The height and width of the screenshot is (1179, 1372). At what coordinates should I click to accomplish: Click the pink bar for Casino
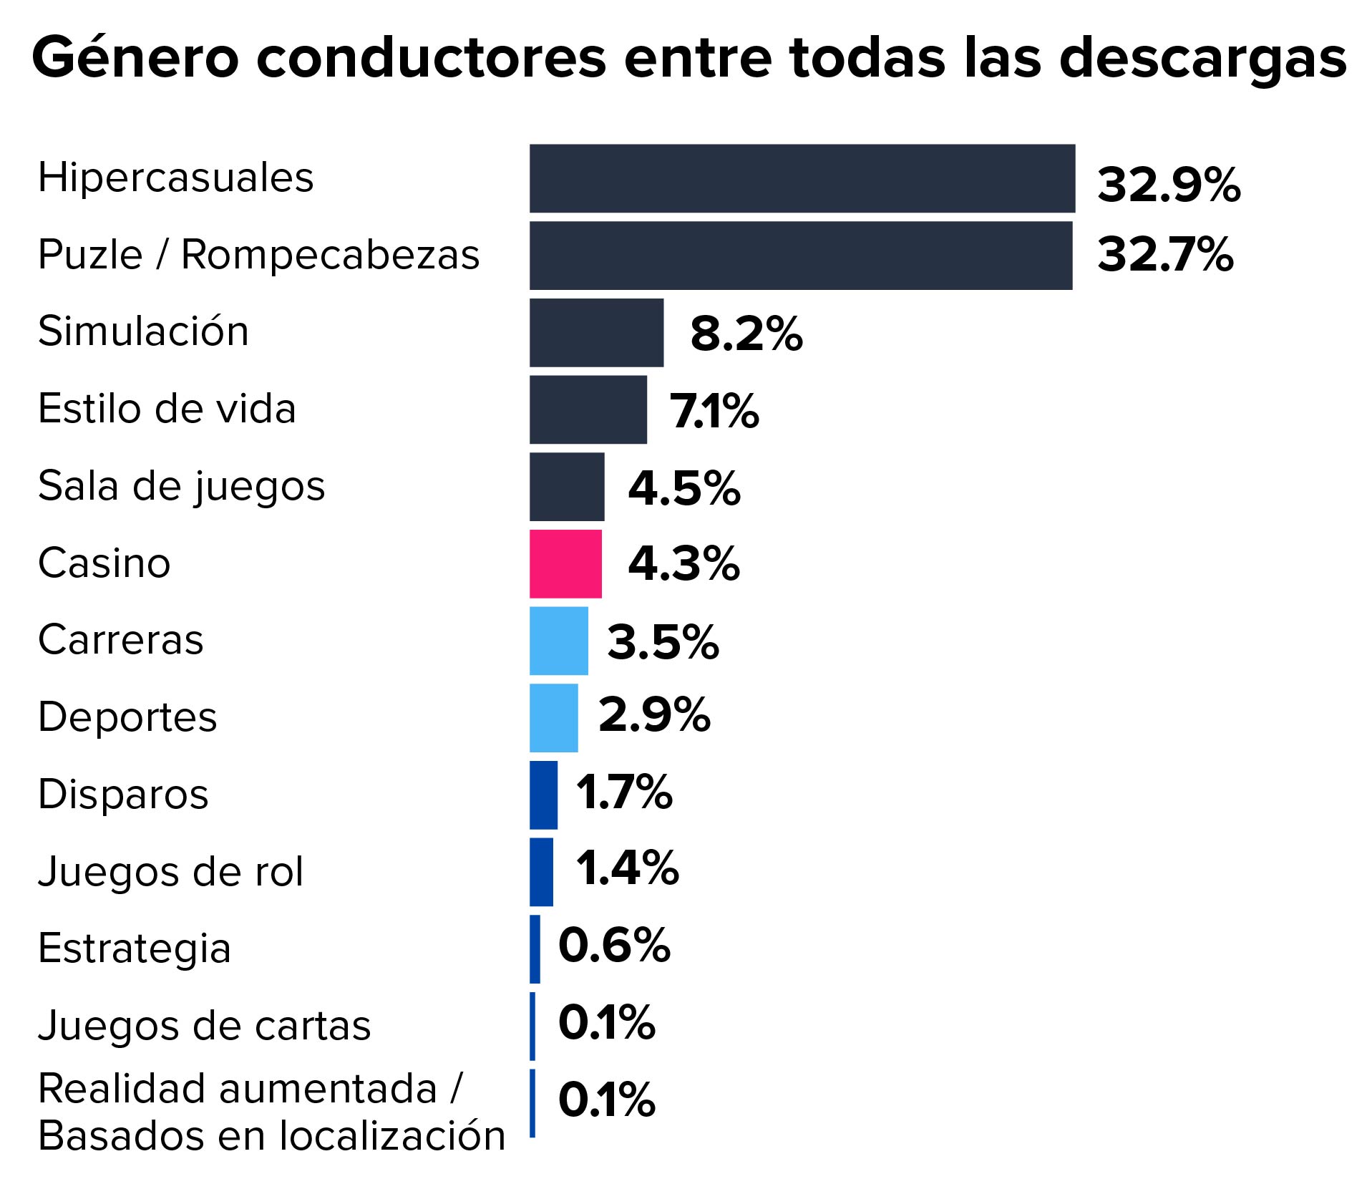[x=565, y=563]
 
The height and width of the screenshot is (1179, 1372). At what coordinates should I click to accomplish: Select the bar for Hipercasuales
[x=802, y=178]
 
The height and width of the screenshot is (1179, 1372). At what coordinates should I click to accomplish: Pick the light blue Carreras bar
[x=558, y=641]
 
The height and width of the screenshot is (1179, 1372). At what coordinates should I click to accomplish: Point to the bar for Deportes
[x=553, y=718]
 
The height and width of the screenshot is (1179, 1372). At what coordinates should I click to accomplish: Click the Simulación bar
[x=596, y=333]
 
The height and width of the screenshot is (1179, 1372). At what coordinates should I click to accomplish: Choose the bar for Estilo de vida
[x=588, y=409]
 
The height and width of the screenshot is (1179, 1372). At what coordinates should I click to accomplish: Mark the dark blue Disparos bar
[x=543, y=795]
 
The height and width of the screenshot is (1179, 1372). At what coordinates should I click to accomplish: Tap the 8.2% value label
[x=746, y=334]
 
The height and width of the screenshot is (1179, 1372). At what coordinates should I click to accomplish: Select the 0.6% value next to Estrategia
[x=613, y=945]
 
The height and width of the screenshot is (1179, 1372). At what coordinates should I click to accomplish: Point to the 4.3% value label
[x=683, y=563]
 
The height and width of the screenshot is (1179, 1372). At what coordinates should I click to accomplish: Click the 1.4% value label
[x=627, y=868]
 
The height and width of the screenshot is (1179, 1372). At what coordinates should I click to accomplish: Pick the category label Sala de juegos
[x=181, y=487]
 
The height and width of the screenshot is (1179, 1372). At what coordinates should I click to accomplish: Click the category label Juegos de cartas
[x=204, y=1025]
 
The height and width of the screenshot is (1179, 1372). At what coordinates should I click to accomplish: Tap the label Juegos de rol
[x=170, y=872]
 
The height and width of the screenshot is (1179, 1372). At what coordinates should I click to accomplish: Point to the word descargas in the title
[x=1202, y=59]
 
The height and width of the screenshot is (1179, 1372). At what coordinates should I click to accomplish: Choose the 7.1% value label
[x=714, y=411]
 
